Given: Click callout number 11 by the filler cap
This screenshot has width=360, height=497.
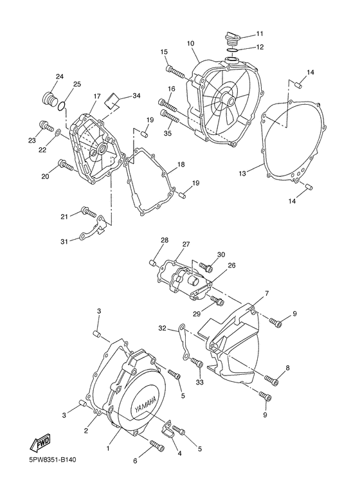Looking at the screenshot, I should [x=260, y=33].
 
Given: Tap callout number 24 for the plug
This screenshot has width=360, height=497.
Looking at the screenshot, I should [x=59, y=77].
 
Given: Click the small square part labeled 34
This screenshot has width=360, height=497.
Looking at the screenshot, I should [x=114, y=98].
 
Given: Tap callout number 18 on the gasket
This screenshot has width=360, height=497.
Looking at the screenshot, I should [x=181, y=165].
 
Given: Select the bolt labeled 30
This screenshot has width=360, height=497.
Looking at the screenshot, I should [x=206, y=266].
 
